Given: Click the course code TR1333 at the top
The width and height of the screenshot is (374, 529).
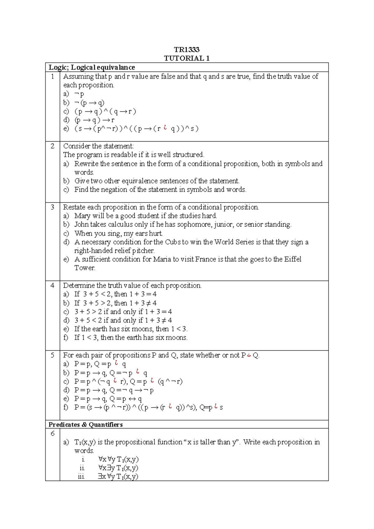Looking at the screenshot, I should (x=186, y=50).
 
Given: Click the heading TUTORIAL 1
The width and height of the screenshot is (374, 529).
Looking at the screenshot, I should (x=186, y=58).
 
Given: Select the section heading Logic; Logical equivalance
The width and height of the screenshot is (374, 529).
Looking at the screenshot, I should (x=92, y=67).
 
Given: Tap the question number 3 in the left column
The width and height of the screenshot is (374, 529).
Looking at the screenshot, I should (x=52, y=207).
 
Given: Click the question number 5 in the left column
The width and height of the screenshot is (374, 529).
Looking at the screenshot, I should (x=52, y=355).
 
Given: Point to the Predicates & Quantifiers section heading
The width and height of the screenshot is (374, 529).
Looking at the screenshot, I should (x=85, y=425).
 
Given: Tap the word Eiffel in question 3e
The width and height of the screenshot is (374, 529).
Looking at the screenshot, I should (x=292, y=259).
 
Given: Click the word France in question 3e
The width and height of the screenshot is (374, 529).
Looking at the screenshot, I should (x=206, y=259).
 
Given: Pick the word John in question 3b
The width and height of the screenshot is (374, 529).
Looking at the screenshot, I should (x=81, y=225).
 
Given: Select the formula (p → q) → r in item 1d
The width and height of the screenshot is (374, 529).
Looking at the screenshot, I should (x=94, y=120).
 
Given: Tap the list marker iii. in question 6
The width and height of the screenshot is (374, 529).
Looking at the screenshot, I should (x=81, y=477).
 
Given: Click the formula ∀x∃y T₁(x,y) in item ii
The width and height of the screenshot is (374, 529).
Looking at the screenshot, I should (x=118, y=468).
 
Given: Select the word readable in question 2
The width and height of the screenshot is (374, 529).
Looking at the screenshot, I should (x=124, y=155).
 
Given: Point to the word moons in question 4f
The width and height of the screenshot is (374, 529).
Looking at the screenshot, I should (x=176, y=337).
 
